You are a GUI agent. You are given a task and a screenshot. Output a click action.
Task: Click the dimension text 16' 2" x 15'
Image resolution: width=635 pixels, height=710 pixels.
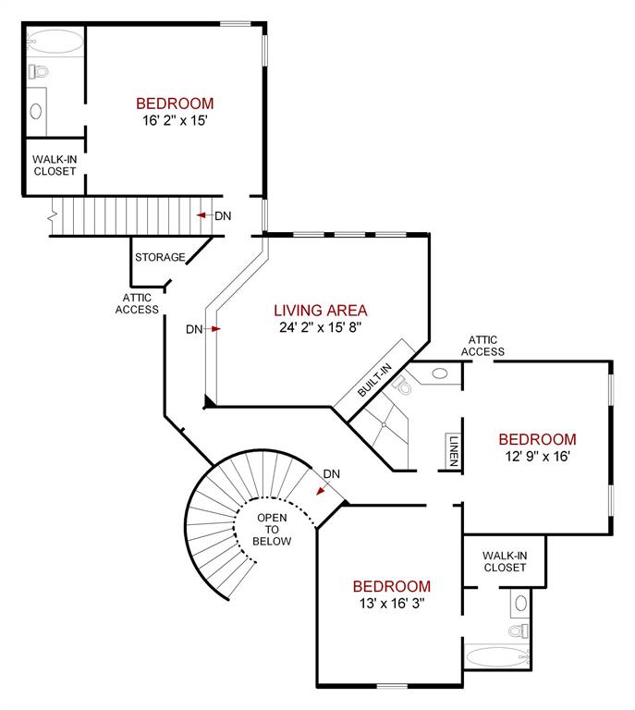coord(175,120)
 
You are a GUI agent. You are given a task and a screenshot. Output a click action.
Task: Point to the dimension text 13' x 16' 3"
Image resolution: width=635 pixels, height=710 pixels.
coord(391,603)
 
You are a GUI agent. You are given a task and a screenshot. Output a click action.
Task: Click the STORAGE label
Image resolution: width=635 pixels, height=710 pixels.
coord(160,257)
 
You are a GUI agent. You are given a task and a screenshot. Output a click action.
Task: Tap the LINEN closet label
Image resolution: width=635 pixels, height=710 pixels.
coord(454,452)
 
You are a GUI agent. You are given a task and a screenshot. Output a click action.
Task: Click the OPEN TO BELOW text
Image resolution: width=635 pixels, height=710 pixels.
coord(274,529)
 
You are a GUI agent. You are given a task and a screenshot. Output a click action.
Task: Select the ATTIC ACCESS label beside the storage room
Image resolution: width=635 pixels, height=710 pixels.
coord(137,304)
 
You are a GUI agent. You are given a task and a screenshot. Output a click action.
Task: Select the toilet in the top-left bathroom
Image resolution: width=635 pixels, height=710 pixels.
coord(38,71)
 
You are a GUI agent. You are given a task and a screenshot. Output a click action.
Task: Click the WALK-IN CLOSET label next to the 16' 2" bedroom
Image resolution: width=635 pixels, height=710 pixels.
coord(55,165)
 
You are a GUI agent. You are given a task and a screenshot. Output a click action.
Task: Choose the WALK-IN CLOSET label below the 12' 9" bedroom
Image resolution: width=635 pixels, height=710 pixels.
coord(504,561)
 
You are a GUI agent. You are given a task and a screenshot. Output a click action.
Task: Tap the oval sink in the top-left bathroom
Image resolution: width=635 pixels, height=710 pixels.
coord(37,111)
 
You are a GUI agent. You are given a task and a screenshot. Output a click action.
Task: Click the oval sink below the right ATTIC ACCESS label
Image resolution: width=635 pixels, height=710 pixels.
coord(440,373)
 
